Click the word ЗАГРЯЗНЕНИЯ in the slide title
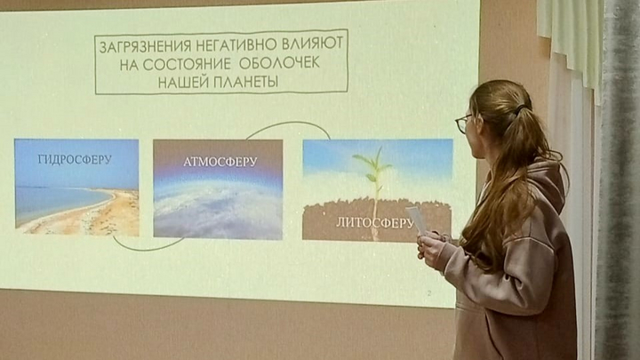coord(145,45)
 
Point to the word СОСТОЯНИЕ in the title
coord(187,64)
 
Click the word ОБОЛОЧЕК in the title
coord(280,63)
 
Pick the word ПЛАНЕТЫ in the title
coord(246,82)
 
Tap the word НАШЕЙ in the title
coord(184,83)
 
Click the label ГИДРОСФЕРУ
coord(75,160)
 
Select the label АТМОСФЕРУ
coord(220,162)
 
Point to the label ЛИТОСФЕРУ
coord(375,223)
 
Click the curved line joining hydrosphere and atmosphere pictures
coord(147,248)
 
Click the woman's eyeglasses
coord(463,123)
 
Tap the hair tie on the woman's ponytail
coord(520,109)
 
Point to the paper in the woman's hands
coord(416,220)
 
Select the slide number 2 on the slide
coord(429,293)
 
